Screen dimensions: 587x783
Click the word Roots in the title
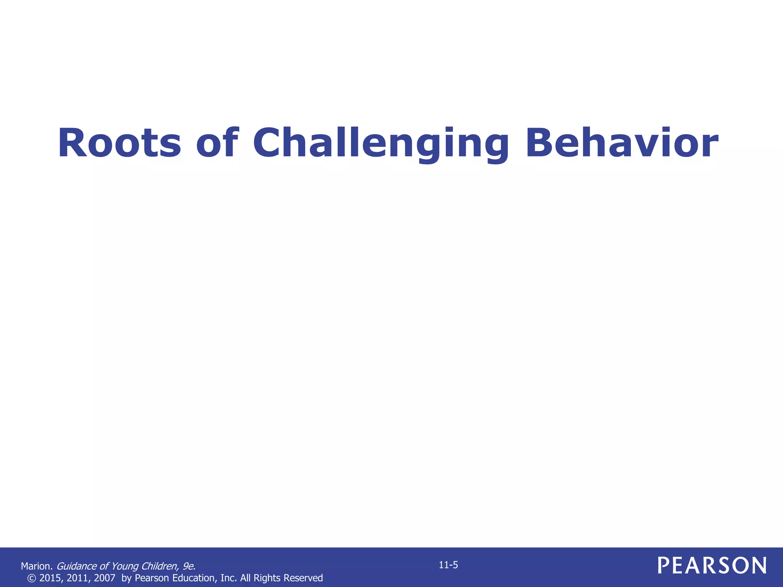[119, 143]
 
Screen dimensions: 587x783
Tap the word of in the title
[217, 143]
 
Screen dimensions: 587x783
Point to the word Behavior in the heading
[622, 143]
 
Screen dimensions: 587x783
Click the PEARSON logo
[712, 565]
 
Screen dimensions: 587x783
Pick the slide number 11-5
[448, 565]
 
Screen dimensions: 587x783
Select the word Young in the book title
[125, 566]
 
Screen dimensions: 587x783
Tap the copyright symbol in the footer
[32, 578]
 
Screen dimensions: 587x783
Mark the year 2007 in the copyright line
[105, 578]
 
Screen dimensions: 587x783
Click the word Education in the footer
[195, 578]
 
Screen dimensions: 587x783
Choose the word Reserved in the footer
[304, 578]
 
